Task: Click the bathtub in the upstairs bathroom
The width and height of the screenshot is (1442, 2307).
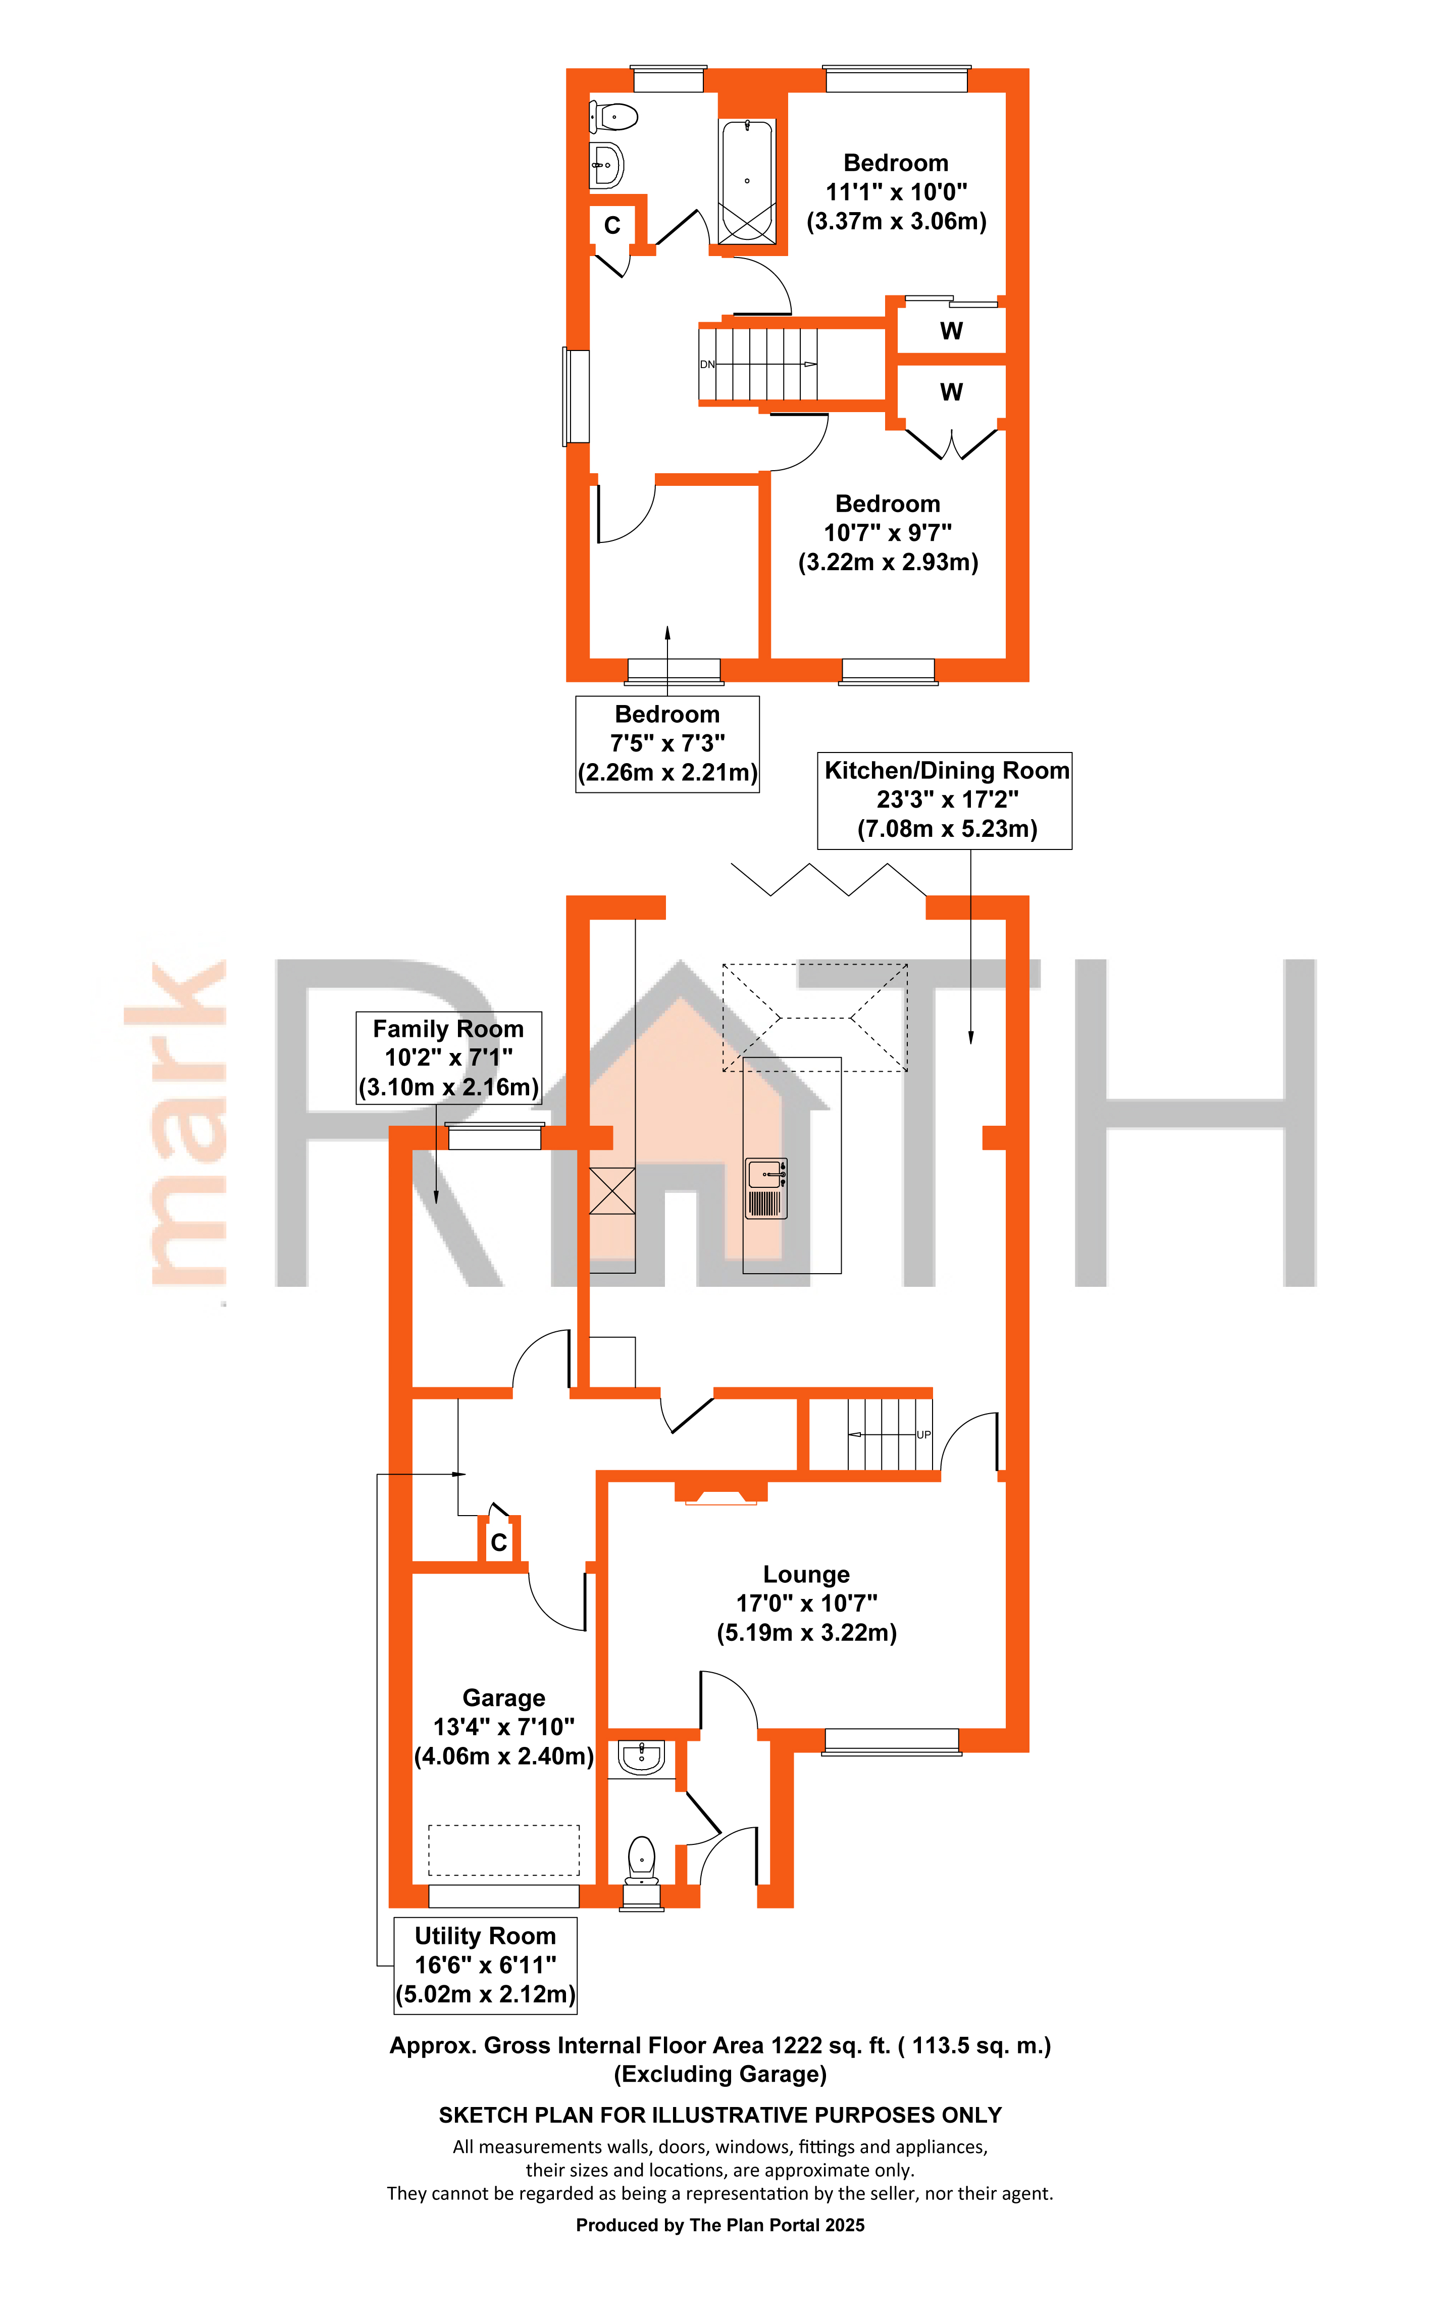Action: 747,181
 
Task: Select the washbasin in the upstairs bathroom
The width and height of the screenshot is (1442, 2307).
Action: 606,165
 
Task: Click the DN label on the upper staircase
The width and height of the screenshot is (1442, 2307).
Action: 707,364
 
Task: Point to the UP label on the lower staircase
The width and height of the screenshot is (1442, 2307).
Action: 923,1434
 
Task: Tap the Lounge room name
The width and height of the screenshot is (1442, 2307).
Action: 806,1575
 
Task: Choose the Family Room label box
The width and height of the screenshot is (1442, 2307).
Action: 448,1058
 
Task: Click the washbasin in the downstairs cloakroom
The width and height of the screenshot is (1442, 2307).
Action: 641,1757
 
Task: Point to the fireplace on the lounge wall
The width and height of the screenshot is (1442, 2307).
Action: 721,1491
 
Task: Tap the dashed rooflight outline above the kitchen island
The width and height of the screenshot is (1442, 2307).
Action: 814,1018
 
